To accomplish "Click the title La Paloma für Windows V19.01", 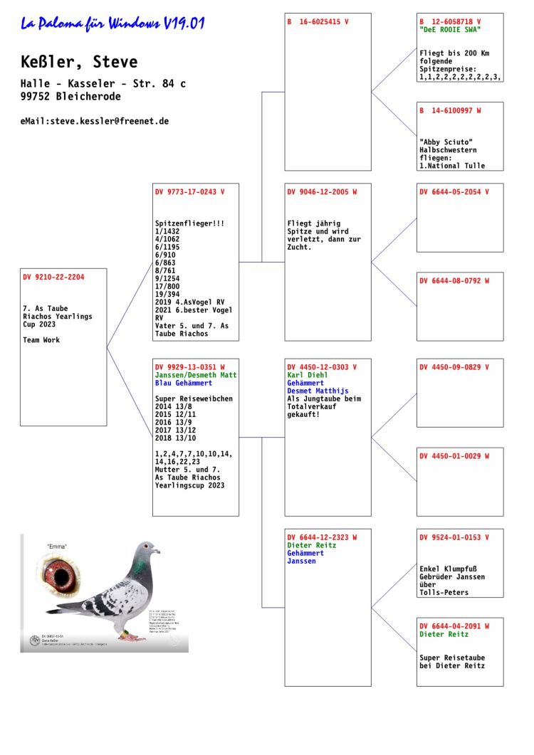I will click(112, 23).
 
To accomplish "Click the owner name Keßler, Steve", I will click(79, 62).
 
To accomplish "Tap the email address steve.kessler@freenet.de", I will click(95, 121).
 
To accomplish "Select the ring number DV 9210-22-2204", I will click(53, 277).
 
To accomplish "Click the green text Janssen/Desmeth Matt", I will click(196, 375).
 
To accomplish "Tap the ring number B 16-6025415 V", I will click(318, 22).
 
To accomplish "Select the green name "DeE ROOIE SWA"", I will click(450, 30).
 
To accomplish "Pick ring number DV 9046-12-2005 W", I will click(322, 192).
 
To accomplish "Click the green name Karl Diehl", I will click(308, 375).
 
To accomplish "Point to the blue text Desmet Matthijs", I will click(318, 391).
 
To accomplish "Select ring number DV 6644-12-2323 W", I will click(322, 537).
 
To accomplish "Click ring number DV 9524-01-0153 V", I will click(454, 537).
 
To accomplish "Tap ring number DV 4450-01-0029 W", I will click(454, 456).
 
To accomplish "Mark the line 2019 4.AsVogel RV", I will click(189, 302).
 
